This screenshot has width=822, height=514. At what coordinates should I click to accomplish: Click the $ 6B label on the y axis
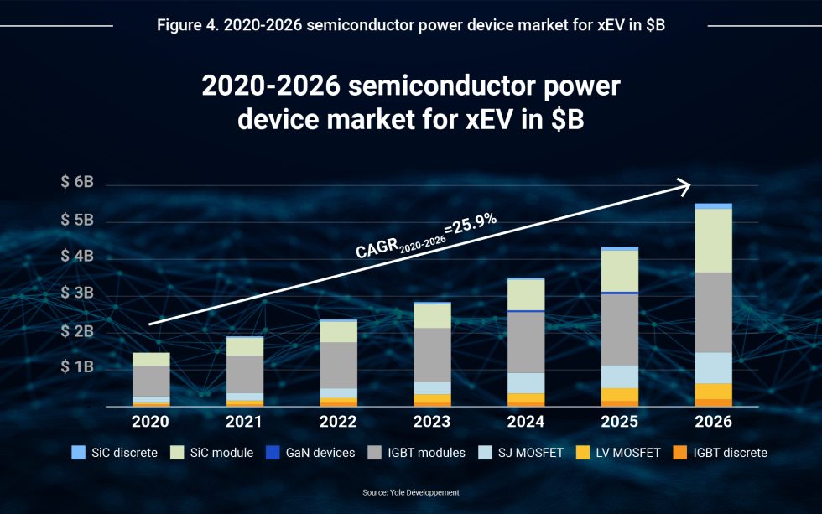coord(76,184)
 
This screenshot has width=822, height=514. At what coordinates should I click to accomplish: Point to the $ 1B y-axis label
coord(76,367)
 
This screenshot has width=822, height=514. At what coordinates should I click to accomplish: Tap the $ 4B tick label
coord(76,257)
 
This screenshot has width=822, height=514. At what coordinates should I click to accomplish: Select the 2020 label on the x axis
coord(150,421)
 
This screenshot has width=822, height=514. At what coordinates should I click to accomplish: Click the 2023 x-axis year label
coord(432,421)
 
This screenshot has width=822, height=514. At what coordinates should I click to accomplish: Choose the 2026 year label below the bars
coord(713,421)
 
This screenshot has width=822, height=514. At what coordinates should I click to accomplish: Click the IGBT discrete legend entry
coord(716,453)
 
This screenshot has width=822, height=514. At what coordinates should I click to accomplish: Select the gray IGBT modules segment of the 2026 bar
coord(713,312)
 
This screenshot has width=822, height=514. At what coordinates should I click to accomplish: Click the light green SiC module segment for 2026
coord(713,240)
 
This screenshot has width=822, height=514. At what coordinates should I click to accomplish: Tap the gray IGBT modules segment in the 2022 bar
coord(338,365)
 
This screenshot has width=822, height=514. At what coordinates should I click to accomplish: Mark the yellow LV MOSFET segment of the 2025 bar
coord(619,394)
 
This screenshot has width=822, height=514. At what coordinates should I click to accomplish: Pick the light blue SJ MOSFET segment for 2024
coord(526,383)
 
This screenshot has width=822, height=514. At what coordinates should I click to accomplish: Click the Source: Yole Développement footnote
coord(411,492)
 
